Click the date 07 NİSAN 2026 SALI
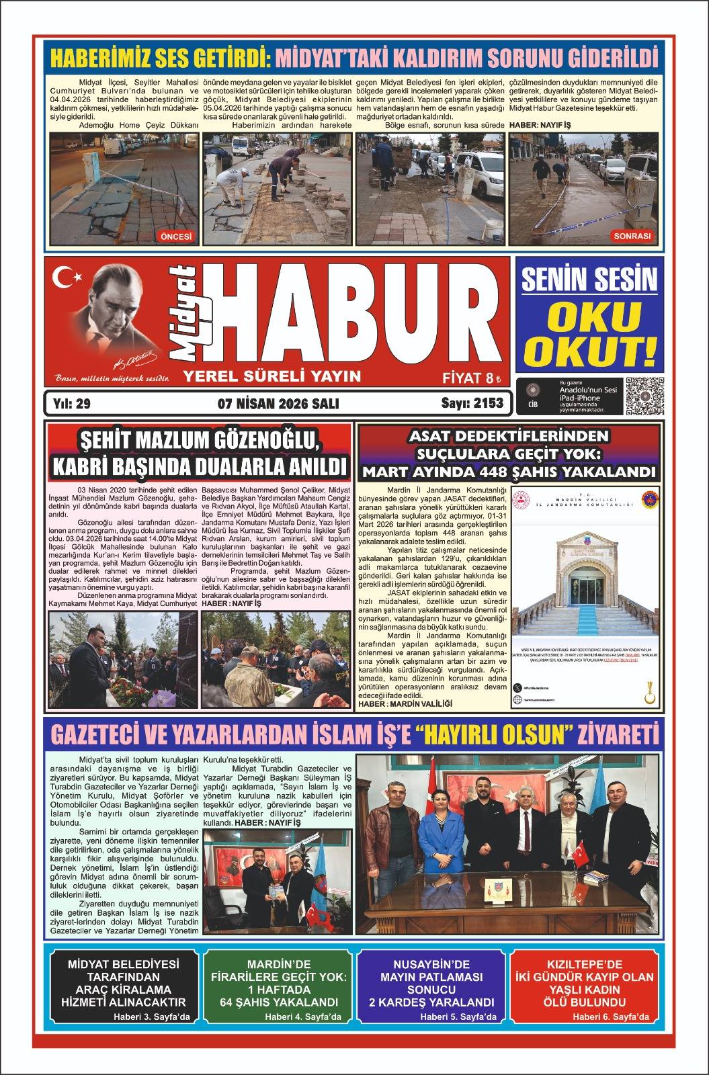pyautogui.click(x=278, y=404)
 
